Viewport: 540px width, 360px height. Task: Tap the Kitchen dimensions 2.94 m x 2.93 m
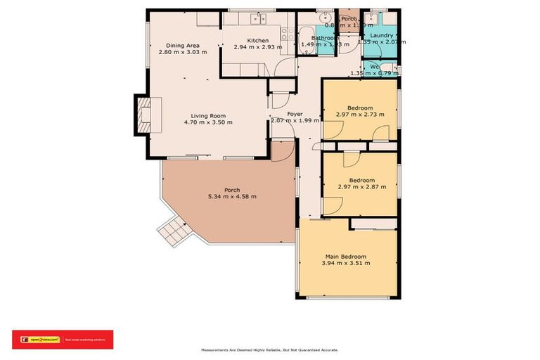pos(258,48)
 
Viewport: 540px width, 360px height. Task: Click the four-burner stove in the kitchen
pos(285,32)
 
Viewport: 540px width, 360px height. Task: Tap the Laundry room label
pos(382,35)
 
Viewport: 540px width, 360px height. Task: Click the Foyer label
pos(295,113)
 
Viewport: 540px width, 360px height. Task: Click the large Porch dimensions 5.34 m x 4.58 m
pos(232,196)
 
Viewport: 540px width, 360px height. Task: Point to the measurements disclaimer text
pos(269,349)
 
